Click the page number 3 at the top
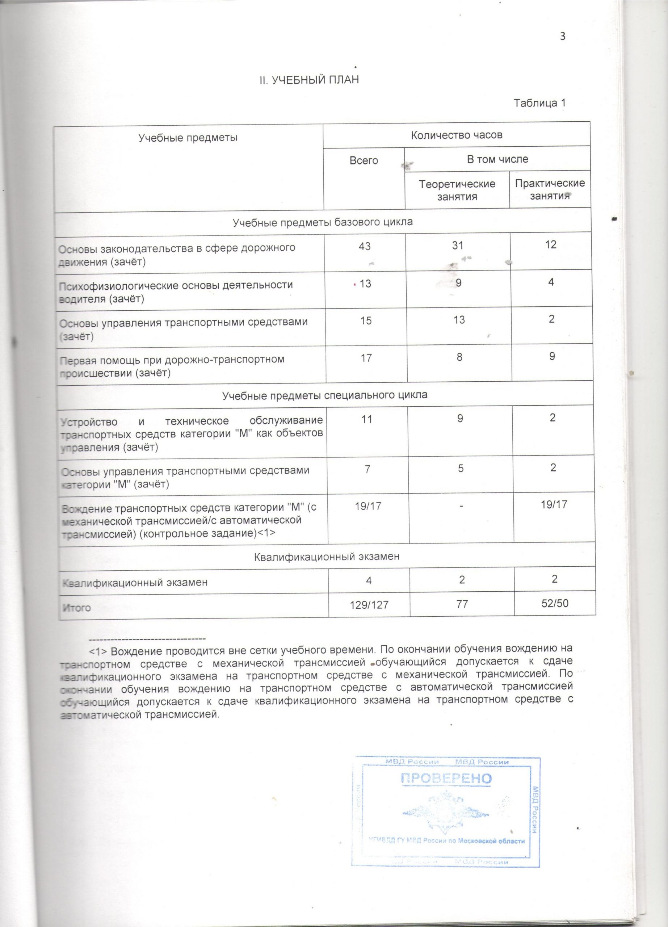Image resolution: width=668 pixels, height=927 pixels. coord(562,36)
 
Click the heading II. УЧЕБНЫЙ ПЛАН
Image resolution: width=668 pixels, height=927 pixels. coord(309,80)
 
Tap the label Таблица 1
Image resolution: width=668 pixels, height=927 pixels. coord(539,103)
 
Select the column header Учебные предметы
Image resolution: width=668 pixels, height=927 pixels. coord(188,137)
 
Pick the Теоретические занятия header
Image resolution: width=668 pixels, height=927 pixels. coord(457,190)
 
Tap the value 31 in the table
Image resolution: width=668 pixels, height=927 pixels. coord(458,245)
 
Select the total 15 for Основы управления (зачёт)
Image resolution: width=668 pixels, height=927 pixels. coord(366,320)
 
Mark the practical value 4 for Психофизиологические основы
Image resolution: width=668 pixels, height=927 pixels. coord(551,282)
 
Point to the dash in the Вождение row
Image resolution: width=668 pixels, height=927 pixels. coord(461,506)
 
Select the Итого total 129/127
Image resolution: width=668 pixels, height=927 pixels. coord(369,604)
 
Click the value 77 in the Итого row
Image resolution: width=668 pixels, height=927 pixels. coord(462,604)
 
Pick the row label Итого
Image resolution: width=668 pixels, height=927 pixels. coord(76,608)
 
